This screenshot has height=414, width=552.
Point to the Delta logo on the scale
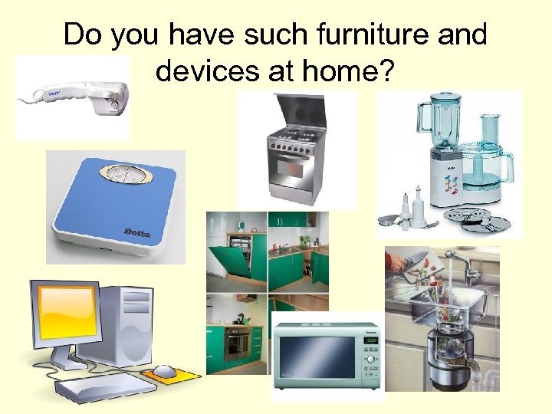pos(138,232)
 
